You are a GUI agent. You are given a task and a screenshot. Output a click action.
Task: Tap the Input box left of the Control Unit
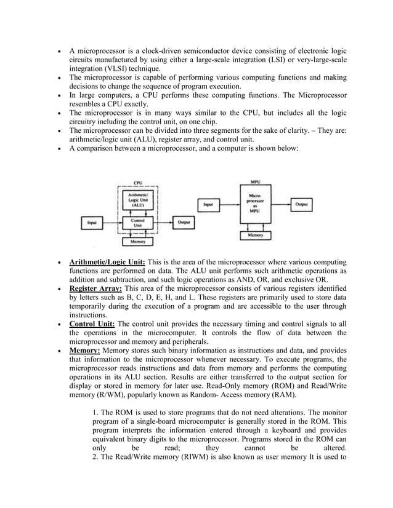[x=92, y=222]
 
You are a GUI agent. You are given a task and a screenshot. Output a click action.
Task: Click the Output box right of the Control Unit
[x=183, y=221]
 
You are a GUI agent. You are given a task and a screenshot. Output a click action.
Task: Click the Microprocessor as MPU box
[x=255, y=203]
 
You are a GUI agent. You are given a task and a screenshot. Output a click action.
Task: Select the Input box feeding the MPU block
[x=208, y=204]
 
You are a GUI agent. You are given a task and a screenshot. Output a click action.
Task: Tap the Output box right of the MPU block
[x=302, y=203]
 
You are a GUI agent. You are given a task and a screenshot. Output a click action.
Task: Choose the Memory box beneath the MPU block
[x=255, y=235]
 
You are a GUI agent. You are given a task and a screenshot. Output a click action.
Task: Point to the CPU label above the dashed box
[x=137, y=183]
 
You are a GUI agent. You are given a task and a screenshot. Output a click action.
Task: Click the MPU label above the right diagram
[x=255, y=183]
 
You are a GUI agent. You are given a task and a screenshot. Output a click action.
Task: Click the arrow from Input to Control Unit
[x=113, y=222]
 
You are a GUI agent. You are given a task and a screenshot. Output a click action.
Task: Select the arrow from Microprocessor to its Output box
[x=280, y=203]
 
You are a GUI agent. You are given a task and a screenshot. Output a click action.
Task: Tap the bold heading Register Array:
[x=95, y=288]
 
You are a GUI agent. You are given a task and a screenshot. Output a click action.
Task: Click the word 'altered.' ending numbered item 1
[x=331, y=448]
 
